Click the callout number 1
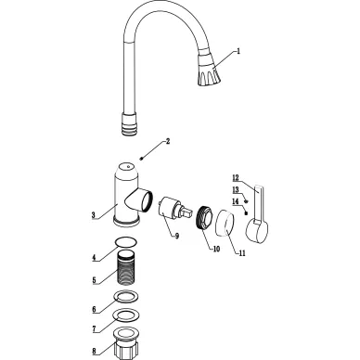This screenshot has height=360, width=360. pyautogui.click(x=238, y=51)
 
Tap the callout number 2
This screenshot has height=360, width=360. pyautogui.click(x=168, y=141)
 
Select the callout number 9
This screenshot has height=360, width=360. pyautogui.click(x=177, y=236)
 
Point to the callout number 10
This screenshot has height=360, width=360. pyautogui.click(x=216, y=249)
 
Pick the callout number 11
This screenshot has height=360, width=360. pyautogui.click(x=242, y=253)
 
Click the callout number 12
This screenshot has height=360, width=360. pyautogui.click(x=236, y=178)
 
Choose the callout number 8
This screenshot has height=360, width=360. pyautogui.click(x=94, y=351)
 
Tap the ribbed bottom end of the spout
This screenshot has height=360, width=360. pyautogui.click(x=129, y=123)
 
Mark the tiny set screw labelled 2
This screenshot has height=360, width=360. pyautogui.click(x=141, y=159)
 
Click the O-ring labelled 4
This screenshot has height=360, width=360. pyautogui.click(x=126, y=242)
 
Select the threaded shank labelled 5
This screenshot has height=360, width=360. pyautogui.click(x=127, y=267)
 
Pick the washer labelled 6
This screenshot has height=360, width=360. pyautogui.click(x=126, y=297)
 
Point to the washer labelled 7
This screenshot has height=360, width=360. pyautogui.click(x=126, y=315)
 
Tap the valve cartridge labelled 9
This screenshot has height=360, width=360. pyautogui.click(x=174, y=208)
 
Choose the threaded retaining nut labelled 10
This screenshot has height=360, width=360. pyautogui.click(x=204, y=216)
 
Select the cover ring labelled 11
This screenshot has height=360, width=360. pyautogui.click(x=225, y=224)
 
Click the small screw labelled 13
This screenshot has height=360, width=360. pyautogui.click(x=247, y=201)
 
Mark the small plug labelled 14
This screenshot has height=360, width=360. pyautogui.click(x=246, y=212)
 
